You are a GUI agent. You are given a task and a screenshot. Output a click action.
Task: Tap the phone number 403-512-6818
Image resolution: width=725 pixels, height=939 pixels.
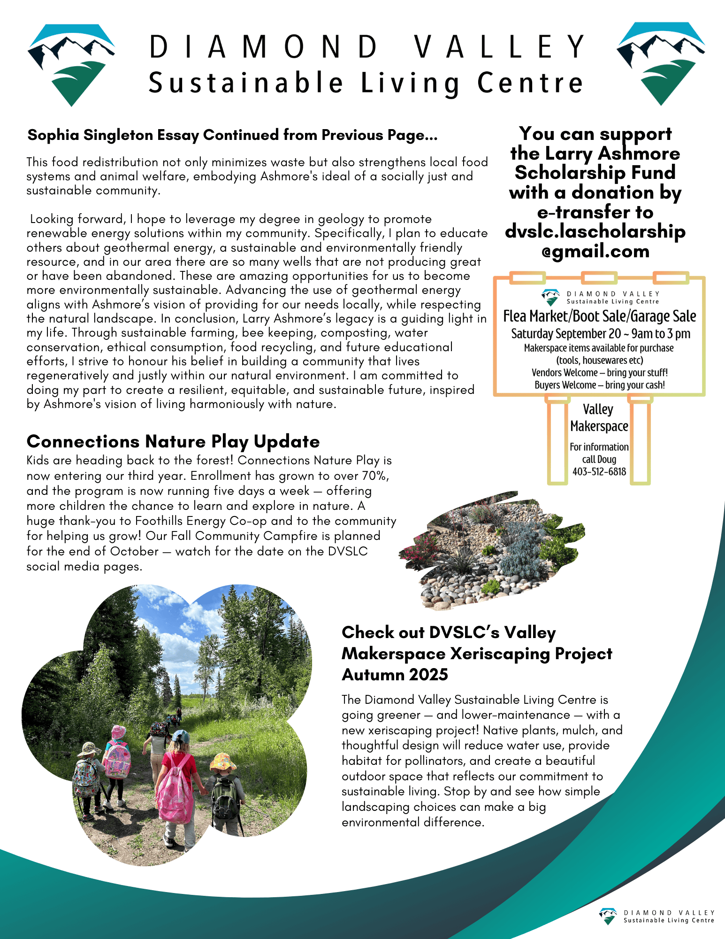(x=599, y=472)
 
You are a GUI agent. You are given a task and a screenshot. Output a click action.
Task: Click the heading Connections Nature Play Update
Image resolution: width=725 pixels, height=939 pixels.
(x=173, y=442)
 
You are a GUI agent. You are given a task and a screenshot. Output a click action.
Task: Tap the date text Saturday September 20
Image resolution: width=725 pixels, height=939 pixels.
(x=566, y=334)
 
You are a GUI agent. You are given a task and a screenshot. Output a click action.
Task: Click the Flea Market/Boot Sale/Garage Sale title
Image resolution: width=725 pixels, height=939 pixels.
(x=599, y=316)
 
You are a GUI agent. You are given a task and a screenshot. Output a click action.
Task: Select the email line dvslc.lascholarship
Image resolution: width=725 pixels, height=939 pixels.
(x=595, y=231)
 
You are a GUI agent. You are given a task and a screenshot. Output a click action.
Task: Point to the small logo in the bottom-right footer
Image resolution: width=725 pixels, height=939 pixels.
(x=608, y=916)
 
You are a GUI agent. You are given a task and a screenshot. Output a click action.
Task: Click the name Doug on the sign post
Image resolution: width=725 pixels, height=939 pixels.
(x=607, y=460)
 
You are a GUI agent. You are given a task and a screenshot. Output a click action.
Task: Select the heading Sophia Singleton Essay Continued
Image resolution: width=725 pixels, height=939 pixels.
(x=232, y=135)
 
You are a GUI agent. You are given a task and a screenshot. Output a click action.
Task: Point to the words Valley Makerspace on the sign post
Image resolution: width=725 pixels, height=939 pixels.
(x=599, y=418)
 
